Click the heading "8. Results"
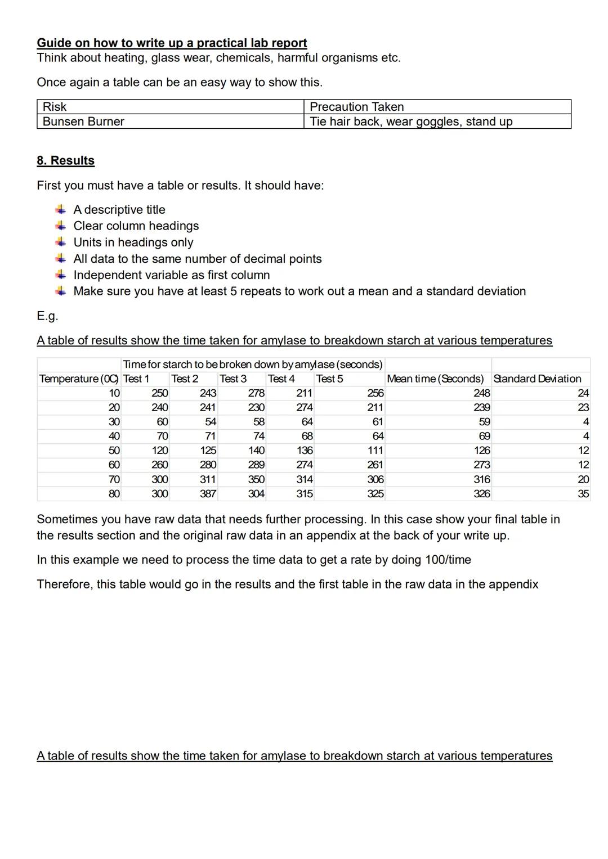[x=65, y=160]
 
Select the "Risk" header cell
[x=55, y=107]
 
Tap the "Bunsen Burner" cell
[x=83, y=122]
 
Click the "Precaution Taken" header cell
[x=356, y=107]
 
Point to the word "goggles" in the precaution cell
[x=438, y=122]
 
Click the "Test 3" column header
[x=233, y=379]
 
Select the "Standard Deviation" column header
[x=537, y=379]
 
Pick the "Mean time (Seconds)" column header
[x=435, y=379]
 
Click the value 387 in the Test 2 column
[x=208, y=493]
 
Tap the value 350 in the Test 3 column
[x=256, y=479]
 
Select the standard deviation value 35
[x=583, y=493]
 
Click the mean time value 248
[x=481, y=393]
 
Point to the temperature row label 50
[x=114, y=451]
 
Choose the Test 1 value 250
[x=159, y=393]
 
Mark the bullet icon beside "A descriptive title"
[x=60, y=210]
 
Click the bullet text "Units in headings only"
[x=133, y=242]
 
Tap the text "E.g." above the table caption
[x=47, y=316]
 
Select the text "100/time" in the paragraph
[x=448, y=560]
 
